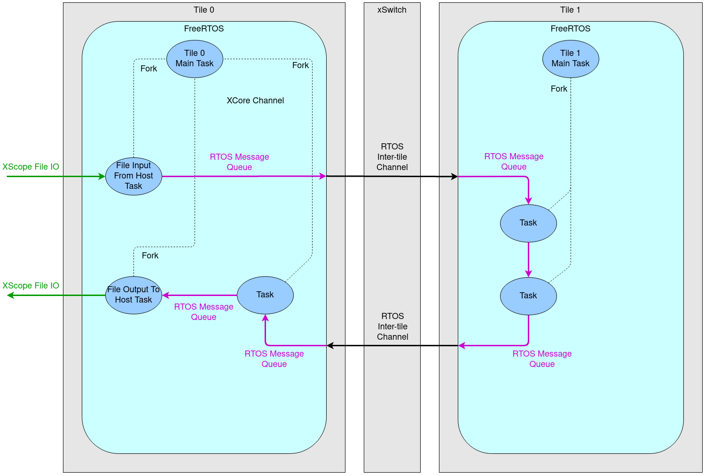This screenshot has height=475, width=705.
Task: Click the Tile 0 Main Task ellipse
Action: click(195, 59)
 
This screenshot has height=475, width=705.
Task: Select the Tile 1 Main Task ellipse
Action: click(571, 59)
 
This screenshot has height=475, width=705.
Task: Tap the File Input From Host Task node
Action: click(133, 176)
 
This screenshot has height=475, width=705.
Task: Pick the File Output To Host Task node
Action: click(133, 295)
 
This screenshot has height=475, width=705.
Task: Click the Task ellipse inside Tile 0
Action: click(265, 295)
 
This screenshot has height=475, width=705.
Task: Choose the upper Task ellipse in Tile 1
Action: click(528, 223)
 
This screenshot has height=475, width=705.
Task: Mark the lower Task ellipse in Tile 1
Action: click(528, 296)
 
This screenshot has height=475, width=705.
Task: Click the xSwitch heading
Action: click(392, 10)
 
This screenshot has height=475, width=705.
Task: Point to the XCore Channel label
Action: click(255, 101)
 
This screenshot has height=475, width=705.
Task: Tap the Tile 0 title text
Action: click(204, 10)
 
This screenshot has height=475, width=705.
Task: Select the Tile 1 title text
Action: click(570, 10)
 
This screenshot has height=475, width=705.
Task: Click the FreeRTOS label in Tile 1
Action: click(570, 29)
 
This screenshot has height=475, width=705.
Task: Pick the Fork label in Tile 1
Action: click(559, 89)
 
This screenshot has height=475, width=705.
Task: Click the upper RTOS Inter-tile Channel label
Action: click(392, 157)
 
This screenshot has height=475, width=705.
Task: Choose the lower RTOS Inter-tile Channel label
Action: click(392, 327)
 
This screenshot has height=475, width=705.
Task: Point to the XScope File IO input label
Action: click(31, 167)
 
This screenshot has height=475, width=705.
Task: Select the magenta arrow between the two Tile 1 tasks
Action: click(528, 259)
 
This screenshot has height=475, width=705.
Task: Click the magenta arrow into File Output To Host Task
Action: click(200, 296)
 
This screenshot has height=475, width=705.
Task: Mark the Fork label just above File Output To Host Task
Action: click(150, 256)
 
